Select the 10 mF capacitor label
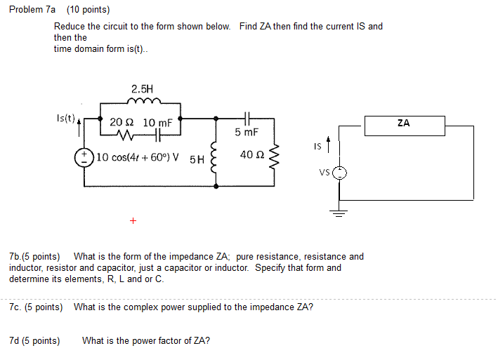tap(157, 122)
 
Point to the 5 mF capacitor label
tap(247, 132)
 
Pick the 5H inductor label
tap(197, 159)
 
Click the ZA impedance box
tap(403, 126)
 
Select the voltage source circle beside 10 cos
tap(85, 156)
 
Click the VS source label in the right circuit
tap(323, 173)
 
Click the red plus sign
tap(133, 221)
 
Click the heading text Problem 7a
tap(32, 10)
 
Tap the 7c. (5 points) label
tap(36, 307)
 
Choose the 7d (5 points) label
tap(34, 341)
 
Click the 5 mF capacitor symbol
tap(247, 118)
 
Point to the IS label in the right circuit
tap(319, 147)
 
